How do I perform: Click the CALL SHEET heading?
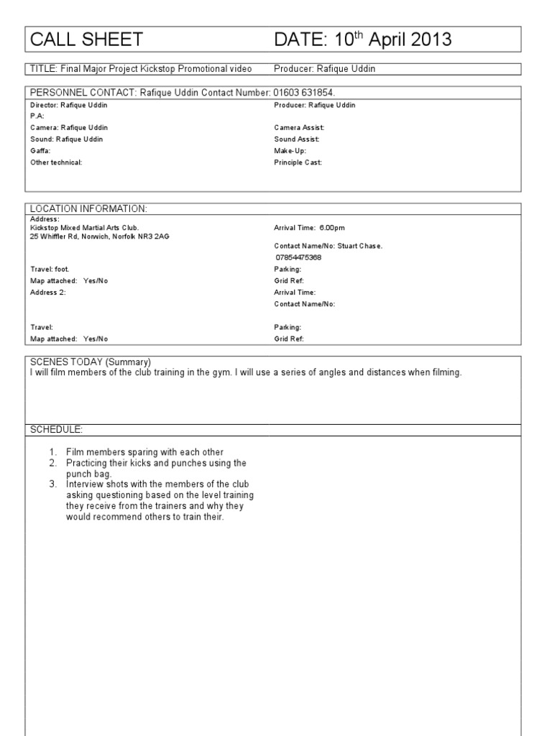coord(86,40)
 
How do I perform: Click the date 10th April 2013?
coord(363,40)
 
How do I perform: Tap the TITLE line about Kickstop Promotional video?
coord(141,69)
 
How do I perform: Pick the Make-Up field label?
coord(290,151)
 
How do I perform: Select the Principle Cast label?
coord(298,162)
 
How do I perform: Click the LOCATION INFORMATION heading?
coord(88,208)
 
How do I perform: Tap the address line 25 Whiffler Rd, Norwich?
coord(101,236)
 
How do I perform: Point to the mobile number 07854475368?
coord(298,257)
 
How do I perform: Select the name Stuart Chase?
coord(360,246)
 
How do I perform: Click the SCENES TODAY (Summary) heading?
coord(91,362)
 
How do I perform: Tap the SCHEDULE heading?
coord(57,429)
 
